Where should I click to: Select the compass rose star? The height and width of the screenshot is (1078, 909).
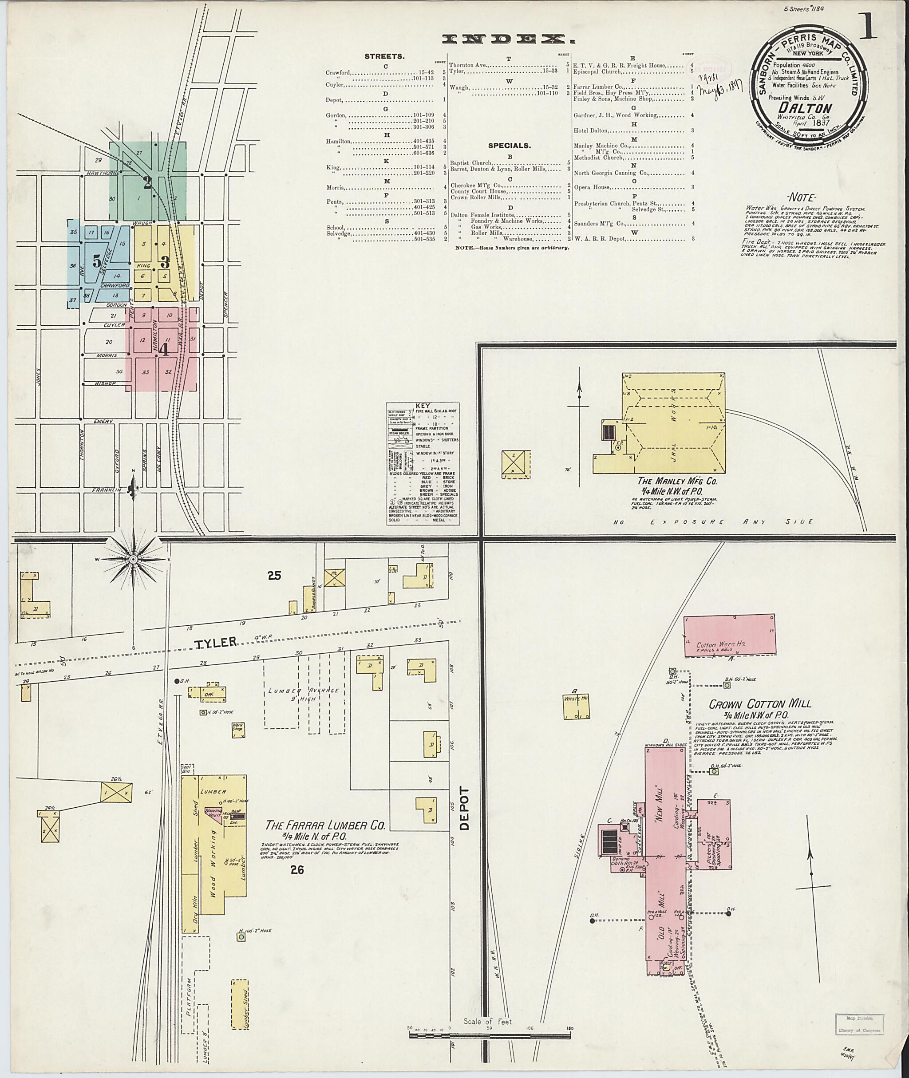point(133,559)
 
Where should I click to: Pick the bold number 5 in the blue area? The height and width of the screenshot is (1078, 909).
point(97,261)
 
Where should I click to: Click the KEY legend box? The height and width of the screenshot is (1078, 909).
point(423,464)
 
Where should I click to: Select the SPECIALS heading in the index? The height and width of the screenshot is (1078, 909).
point(509,146)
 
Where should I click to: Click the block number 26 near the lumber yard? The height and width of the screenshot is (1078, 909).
point(297,870)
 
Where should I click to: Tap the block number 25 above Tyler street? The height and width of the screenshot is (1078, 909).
point(274,576)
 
